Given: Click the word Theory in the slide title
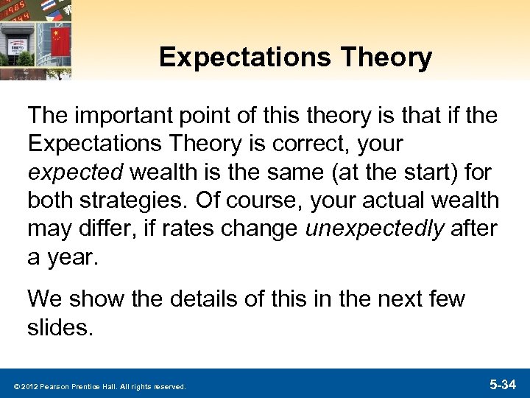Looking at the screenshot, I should click(x=389, y=58).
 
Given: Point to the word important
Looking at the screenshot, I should click(x=130, y=116).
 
